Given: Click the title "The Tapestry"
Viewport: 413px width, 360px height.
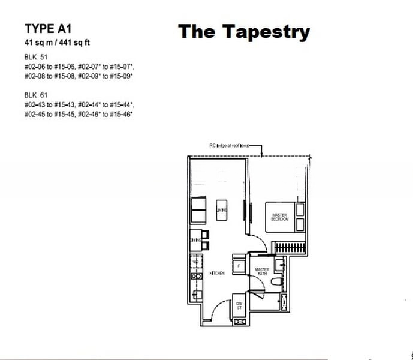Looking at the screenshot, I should pos(243,32).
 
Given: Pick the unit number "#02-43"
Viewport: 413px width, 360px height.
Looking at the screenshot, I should pos(35,104).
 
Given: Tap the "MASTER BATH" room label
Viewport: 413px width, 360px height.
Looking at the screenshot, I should pos(261,272).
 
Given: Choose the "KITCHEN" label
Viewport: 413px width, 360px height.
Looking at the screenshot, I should pos(216,274).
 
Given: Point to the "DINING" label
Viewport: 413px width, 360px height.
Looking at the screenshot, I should pos(195,241).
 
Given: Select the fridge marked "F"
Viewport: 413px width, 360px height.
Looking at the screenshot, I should pos(239,265).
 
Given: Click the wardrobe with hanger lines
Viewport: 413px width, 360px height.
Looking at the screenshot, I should pos(289,247).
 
